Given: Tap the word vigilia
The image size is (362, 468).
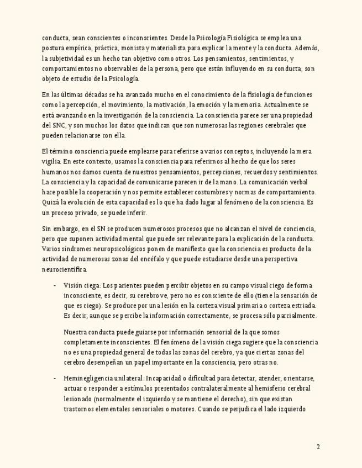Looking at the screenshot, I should point(51,162).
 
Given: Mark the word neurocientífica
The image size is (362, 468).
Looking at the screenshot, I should point(64,269).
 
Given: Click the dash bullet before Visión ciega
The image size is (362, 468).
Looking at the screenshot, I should point(55,285).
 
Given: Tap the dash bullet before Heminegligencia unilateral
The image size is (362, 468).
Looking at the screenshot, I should point(55,379).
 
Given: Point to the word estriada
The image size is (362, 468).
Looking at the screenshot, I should point(303,306).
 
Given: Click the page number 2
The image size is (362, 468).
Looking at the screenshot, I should point(318,447).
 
